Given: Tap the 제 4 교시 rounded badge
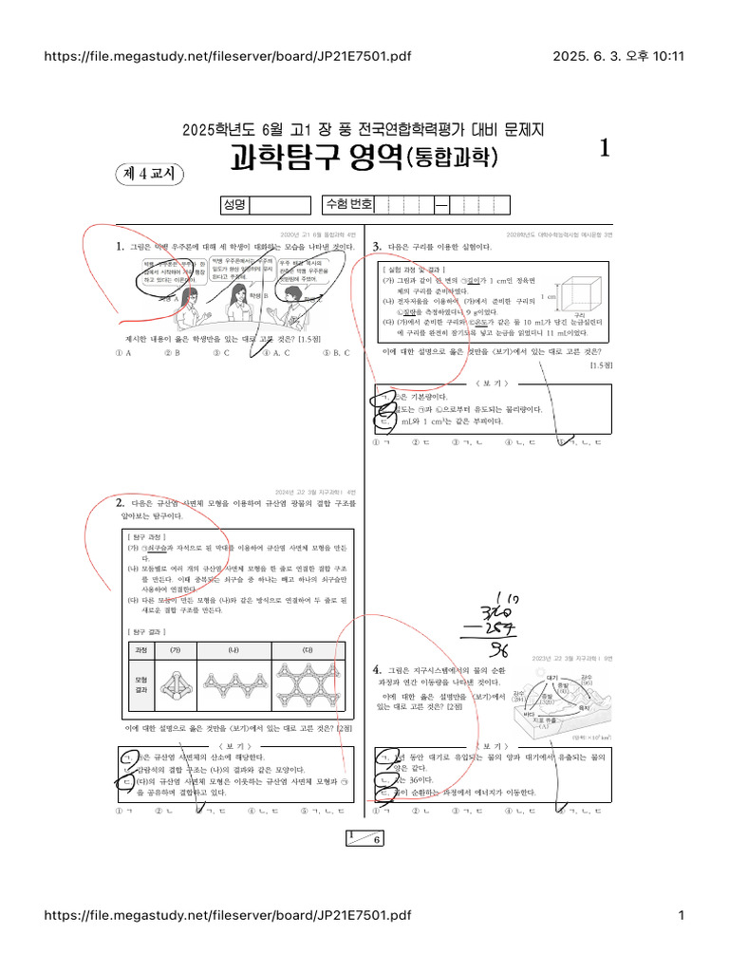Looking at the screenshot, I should [x=151, y=174].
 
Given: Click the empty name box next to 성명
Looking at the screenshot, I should [x=279, y=205].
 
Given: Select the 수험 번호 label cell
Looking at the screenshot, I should [x=348, y=205].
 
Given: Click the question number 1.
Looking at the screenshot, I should [x=120, y=247].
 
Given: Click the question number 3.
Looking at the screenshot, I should [x=377, y=247].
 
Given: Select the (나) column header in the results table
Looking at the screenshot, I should [x=232, y=650].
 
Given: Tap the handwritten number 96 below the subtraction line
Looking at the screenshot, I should [x=499, y=648].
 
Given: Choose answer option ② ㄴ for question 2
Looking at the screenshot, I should [x=172, y=812].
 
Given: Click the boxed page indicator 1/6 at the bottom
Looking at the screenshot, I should [x=364, y=838].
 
